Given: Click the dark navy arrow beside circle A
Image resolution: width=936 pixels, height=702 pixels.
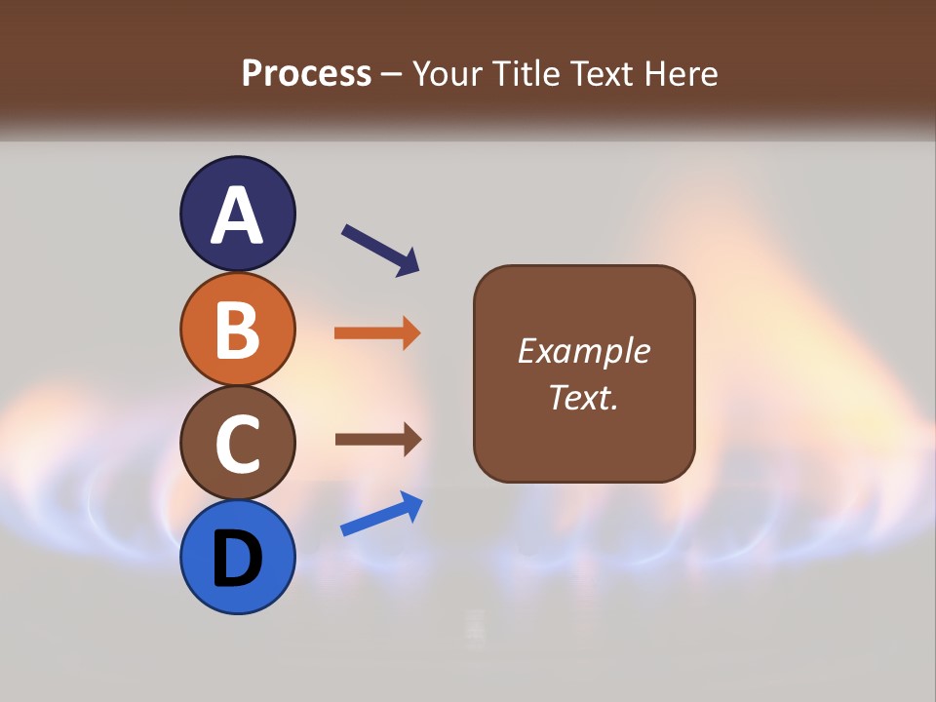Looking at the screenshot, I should pyautogui.click(x=380, y=249).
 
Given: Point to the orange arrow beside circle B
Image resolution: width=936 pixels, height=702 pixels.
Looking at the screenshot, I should pyautogui.click(x=377, y=333).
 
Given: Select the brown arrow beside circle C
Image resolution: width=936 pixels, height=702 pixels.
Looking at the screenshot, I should pyautogui.click(x=377, y=440).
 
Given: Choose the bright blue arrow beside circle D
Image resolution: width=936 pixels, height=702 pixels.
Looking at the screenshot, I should pyautogui.click(x=381, y=514).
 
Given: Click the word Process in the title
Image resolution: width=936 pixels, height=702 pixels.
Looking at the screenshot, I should pyautogui.click(x=306, y=74).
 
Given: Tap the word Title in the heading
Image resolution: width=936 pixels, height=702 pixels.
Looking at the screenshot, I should pyautogui.click(x=526, y=74).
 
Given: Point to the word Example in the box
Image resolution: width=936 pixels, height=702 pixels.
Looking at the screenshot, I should pyautogui.click(x=583, y=351).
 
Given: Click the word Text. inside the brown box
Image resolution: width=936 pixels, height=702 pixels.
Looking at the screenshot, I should pyautogui.click(x=583, y=398).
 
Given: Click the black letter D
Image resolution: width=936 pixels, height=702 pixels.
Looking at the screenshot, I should pyautogui.click(x=237, y=559).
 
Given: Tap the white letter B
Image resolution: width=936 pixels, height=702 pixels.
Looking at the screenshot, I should pyautogui.click(x=237, y=329).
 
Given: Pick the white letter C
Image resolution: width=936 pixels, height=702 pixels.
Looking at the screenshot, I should pyautogui.click(x=237, y=444).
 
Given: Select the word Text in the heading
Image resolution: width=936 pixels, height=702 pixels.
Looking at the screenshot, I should pyautogui.click(x=601, y=74).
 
